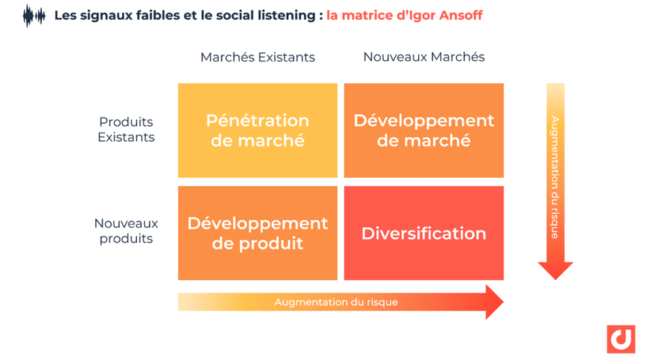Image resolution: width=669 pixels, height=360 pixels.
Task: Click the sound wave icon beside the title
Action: pos(34,16)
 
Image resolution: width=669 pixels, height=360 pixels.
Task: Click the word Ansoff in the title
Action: pos(461,16)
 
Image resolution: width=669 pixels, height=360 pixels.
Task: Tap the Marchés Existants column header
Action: pos(257,57)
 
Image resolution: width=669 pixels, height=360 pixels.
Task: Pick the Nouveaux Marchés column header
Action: pos(423,57)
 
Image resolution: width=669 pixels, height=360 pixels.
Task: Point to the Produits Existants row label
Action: pos(126,129)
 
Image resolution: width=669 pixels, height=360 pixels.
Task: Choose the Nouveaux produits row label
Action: pos(126,231)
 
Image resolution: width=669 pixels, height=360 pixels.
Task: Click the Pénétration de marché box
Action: pos(257,131)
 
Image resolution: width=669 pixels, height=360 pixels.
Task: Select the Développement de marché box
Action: pos(423,131)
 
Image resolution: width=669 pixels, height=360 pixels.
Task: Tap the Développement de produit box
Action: pos(257,233)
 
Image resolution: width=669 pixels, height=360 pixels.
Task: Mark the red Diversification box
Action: pos(423,233)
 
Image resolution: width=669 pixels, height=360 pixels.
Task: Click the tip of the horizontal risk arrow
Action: pos(504,302)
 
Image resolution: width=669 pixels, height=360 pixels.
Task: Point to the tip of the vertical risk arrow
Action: pos(555,280)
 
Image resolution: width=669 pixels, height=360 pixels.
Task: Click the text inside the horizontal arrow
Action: pos(336,302)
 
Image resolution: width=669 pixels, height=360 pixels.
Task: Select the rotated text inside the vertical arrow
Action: pos(555,177)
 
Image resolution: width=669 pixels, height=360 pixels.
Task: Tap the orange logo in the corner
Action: pos(621,339)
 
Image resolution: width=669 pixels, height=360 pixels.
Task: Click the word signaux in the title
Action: pos(106,16)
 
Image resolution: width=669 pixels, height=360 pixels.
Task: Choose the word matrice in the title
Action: pos(364,16)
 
